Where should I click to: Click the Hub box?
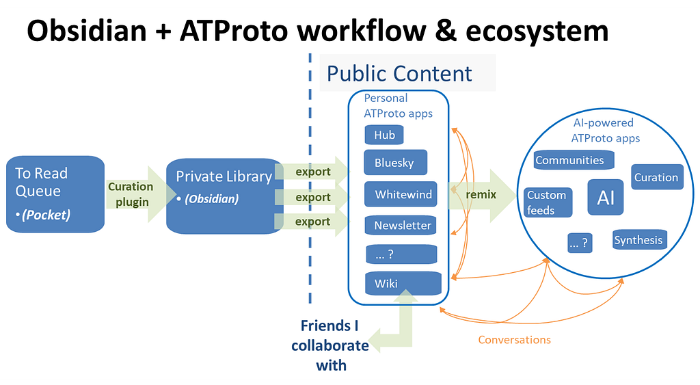pos(384,135)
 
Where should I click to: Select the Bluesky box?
pos(396,162)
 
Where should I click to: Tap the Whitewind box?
pos(401,194)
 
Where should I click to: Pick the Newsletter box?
pos(401,225)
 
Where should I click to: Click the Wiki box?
pos(403,283)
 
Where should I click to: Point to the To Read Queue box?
pos(55,194)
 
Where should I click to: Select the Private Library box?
pos(224,196)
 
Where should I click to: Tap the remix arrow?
pos(482,195)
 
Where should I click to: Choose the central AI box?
pos(606,197)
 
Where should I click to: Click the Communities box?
pos(574,160)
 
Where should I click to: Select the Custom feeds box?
pos(548,202)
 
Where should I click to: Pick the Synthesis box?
pos(640,239)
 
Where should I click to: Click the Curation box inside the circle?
pos(657,177)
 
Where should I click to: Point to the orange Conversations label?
pos(514,340)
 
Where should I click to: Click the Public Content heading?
pos(399,74)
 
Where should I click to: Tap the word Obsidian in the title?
pos(87,31)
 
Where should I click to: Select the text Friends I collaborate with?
pos(330,345)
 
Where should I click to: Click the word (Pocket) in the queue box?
pos(46,215)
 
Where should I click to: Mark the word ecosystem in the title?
pos(537,32)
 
